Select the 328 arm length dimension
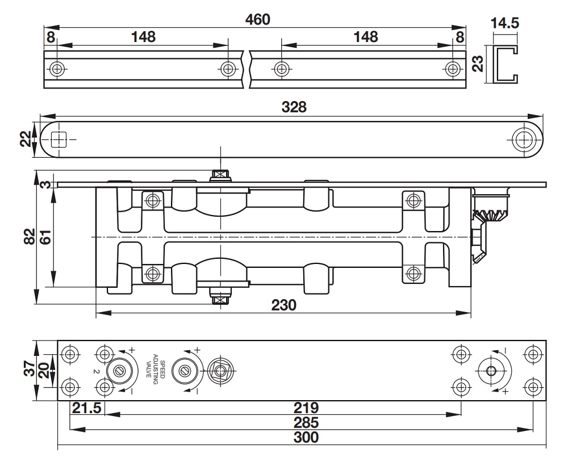(x=294, y=107)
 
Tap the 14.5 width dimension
(x=504, y=23)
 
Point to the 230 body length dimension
(x=283, y=305)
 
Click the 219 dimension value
(x=307, y=408)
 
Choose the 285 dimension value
(x=307, y=423)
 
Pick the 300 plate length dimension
(x=307, y=438)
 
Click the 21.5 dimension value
(x=86, y=408)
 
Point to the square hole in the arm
(x=59, y=139)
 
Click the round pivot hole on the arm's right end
(x=524, y=139)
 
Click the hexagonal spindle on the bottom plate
(x=219, y=370)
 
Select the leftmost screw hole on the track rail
(x=57, y=69)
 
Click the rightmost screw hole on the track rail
(x=452, y=69)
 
